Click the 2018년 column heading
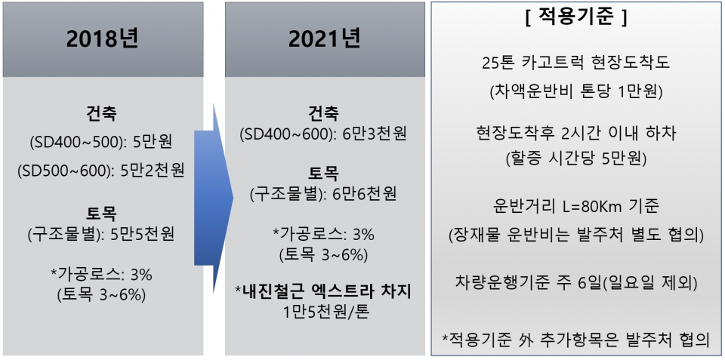103,40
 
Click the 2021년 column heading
325,40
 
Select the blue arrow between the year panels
214,198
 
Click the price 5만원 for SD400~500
152,142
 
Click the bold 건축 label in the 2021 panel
325,114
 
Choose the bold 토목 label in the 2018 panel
101,214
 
